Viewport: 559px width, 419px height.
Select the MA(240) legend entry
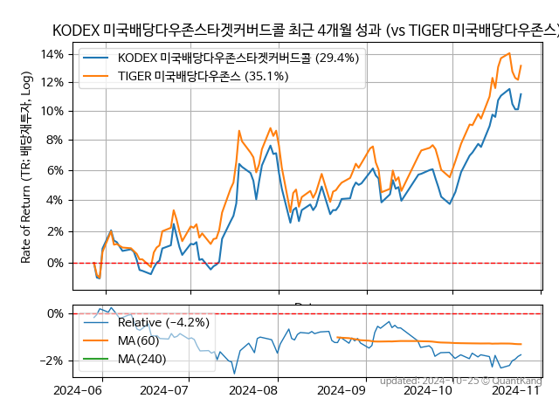pyautogui.click(x=141, y=358)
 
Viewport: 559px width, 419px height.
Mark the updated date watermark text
pyautogui.click(x=460, y=381)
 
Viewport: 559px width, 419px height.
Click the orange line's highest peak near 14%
pyautogui.click(x=509, y=53)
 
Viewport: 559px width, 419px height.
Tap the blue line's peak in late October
pyautogui.click(x=510, y=88)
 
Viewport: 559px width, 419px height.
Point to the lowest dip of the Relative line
pyautogui.click(x=234, y=374)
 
